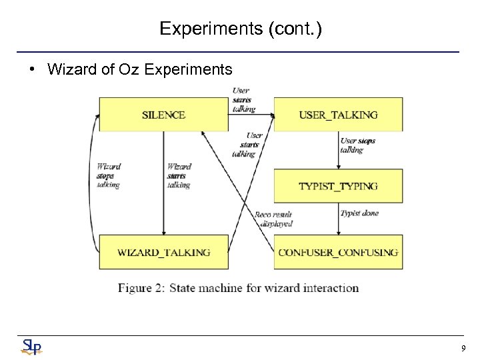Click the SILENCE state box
[x=163, y=115]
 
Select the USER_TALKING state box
[x=338, y=115]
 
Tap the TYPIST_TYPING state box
[x=338, y=186]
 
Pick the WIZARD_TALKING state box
[x=163, y=253]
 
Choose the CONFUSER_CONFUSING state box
[x=338, y=253]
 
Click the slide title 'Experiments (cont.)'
[x=240, y=29]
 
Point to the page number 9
[x=463, y=348]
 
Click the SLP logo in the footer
[x=31, y=347]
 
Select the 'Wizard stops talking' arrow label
[x=109, y=176]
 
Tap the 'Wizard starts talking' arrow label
[x=179, y=176]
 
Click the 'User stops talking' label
[x=358, y=145]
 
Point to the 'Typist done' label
[x=359, y=213]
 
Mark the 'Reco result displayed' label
[x=273, y=219]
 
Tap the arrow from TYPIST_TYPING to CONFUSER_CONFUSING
[x=339, y=219]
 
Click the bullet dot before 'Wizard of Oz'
[x=33, y=69]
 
